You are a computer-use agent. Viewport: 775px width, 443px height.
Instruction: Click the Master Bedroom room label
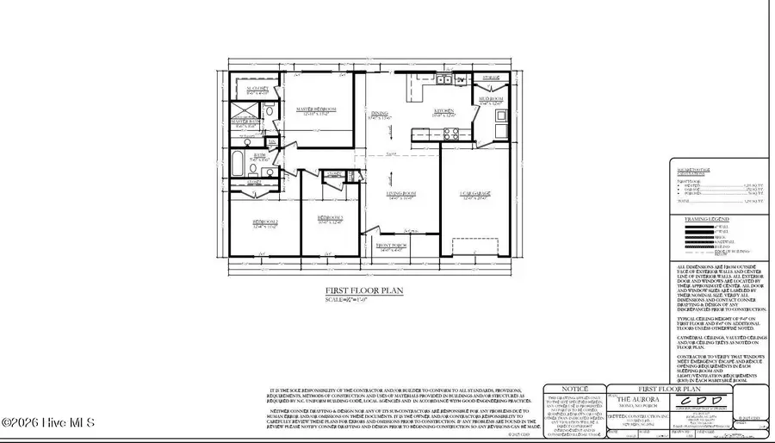click(315, 109)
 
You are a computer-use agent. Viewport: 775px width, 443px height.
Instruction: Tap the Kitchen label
click(443, 111)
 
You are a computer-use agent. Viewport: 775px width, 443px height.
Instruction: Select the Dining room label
click(380, 113)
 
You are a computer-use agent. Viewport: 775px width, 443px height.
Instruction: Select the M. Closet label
click(258, 89)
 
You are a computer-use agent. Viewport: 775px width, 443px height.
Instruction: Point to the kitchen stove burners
click(449, 132)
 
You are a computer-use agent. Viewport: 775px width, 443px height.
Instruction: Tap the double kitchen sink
click(444, 80)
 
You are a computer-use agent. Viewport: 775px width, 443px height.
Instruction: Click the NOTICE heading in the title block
click(574, 390)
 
